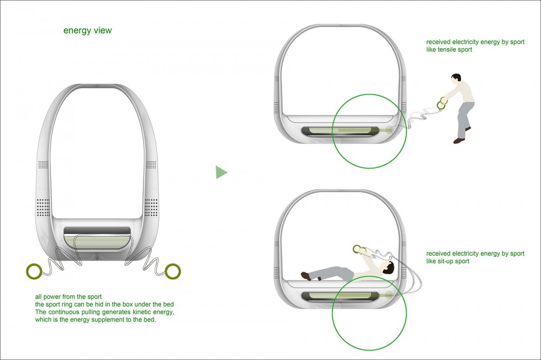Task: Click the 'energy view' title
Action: (x=88, y=30)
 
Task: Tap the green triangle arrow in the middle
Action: (x=221, y=172)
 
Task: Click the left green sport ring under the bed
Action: (x=34, y=271)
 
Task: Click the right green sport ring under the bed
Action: (x=173, y=271)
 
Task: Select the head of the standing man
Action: (x=457, y=79)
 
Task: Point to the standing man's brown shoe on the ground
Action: (x=459, y=141)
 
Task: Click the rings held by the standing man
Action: (x=443, y=103)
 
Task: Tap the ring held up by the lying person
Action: (x=358, y=249)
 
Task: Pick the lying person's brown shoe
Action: (x=306, y=276)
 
